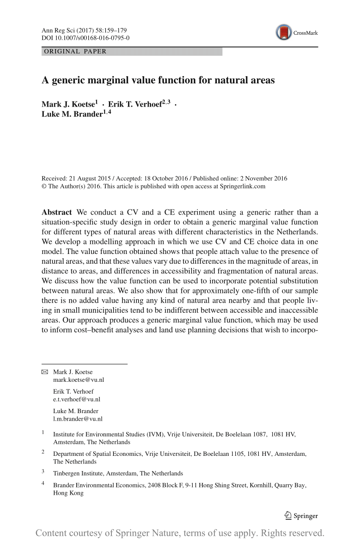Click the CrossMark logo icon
coord(284,33)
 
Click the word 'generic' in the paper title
coord(71,80)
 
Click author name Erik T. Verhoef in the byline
coord(135,104)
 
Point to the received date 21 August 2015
coord(89,178)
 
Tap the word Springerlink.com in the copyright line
coord(242,186)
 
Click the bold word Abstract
coord(57,212)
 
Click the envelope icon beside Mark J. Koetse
coord(45,372)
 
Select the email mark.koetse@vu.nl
coord(78,380)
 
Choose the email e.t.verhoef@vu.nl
coord(76,399)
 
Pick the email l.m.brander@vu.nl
coord(78,419)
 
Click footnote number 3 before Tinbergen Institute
coord(43,471)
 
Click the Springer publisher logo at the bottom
coord(301,516)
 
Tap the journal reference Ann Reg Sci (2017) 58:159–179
coord(84,30)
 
